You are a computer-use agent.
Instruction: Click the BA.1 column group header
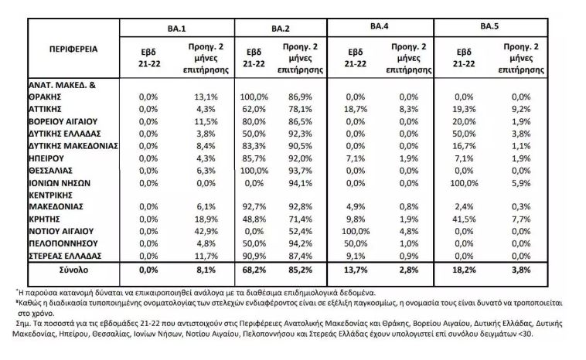click(x=177, y=29)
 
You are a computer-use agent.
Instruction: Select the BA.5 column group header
click(x=489, y=26)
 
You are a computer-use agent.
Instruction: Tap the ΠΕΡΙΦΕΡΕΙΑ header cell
click(x=73, y=49)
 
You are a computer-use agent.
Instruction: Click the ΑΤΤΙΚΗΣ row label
click(x=45, y=109)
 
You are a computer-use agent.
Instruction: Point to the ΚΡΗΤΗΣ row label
click(x=44, y=219)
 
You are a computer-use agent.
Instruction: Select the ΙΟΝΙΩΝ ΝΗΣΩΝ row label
click(x=60, y=183)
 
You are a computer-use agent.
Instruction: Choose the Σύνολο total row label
click(x=73, y=270)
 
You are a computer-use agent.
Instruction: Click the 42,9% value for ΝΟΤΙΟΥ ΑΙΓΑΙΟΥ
click(x=206, y=231)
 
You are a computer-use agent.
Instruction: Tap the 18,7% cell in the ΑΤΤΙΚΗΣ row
click(x=356, y=109)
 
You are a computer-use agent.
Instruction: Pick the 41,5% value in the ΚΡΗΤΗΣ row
click(x=464, y=219)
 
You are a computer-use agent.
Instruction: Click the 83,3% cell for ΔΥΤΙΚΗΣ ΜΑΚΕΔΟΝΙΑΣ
click(x=254, y=146)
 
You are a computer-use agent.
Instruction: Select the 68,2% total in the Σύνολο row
click(x=254, y=270)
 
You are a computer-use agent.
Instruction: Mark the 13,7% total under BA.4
click(x=356, y=270)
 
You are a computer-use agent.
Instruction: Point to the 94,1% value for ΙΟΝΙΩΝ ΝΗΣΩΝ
click(x=300, y=183)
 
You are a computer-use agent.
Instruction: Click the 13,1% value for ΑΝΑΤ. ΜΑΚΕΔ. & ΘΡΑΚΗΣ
click(x=206, y=97)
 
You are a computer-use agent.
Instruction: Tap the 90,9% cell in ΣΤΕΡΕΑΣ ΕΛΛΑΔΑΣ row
click(x=254, y=256)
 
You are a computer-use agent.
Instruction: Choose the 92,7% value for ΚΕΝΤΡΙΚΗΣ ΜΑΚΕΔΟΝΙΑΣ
click(x=254, y=206)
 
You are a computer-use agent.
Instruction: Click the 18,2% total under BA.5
click(x=464, y=270)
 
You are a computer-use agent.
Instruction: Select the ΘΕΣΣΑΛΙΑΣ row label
click(x=50, y=171)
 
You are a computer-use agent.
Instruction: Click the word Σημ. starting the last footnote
click(x=22, y=324)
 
